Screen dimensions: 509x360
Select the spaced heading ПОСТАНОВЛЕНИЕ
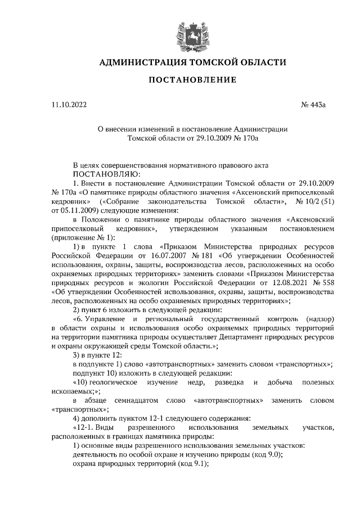coord(192,80)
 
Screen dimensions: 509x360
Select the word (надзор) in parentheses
coord(321,318)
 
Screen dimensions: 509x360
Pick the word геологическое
coord(109,382)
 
